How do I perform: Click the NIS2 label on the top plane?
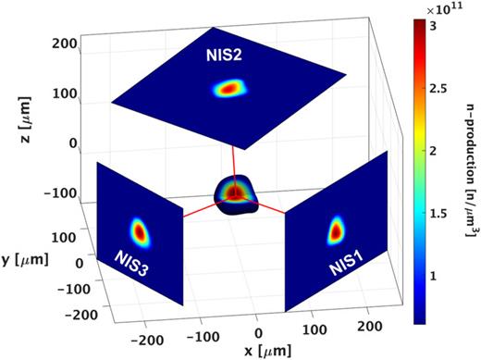coord(225,56)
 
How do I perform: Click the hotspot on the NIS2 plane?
coord(228,89)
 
